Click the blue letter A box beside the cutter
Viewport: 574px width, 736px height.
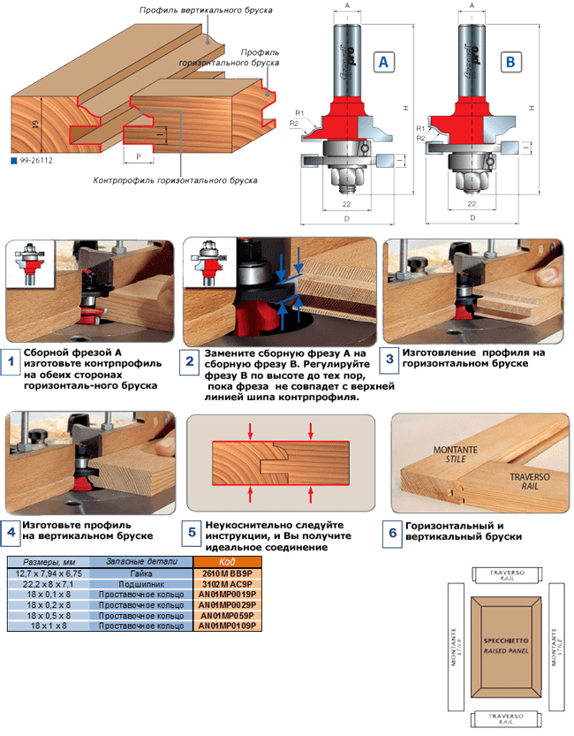pos(383,62)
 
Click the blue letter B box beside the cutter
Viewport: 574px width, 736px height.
pos(510,62)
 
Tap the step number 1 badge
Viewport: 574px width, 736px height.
pos(11,361)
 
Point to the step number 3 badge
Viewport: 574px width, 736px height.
pos(389,360)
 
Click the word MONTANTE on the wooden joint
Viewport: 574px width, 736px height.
pos(454,450)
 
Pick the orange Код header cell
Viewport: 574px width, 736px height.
pos(228,562)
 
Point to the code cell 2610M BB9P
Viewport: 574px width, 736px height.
pos(228,573)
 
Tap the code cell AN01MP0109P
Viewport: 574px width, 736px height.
pos(228,626)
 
